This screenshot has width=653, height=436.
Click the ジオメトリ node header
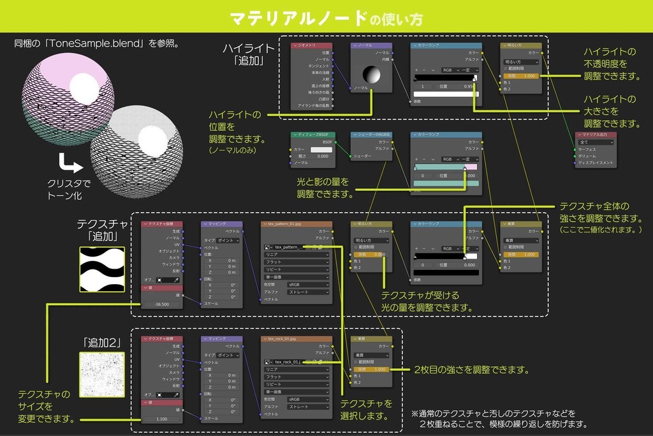[312, 45]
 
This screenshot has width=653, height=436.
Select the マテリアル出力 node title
[595, 135]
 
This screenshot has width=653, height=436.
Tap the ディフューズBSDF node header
[312, 135]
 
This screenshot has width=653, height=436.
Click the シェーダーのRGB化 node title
[371, 135]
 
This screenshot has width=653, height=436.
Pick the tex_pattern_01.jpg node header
[297, 224]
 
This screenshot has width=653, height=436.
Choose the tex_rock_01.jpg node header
[297, 339]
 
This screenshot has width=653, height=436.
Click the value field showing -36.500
[162, 304]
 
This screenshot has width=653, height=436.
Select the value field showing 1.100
[162, 419]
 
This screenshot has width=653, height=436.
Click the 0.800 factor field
[372, 254]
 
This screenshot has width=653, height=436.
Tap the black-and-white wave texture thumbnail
[101, 269]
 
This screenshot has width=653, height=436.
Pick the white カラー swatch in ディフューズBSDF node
[322, 149]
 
